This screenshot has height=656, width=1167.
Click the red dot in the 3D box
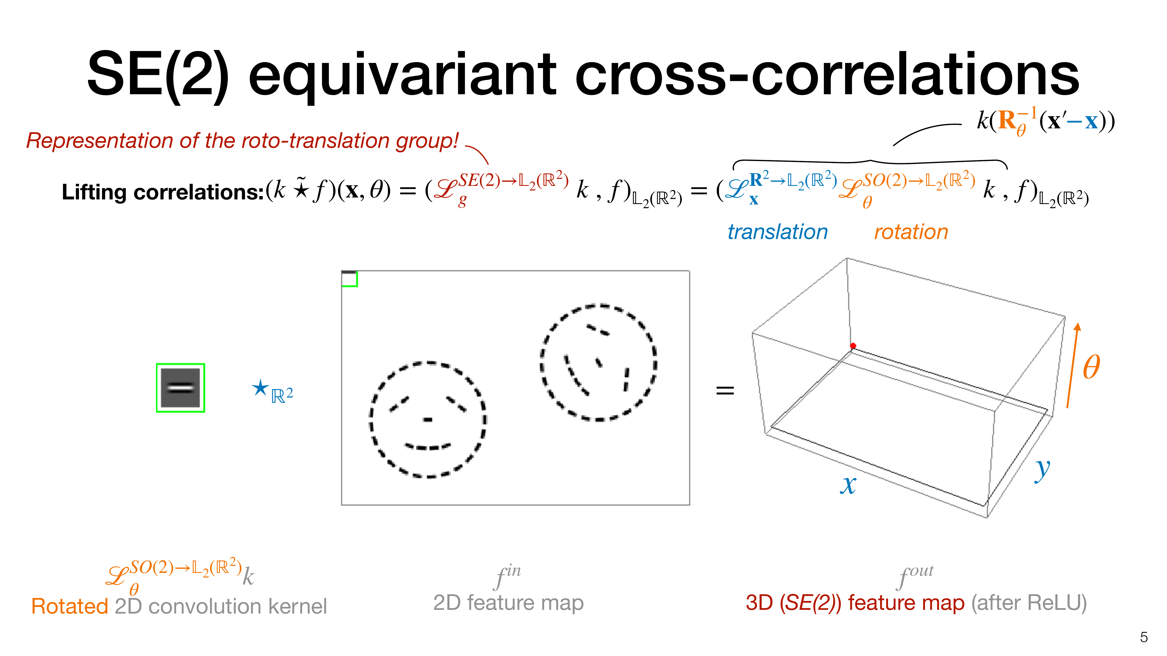(x=853, y=346)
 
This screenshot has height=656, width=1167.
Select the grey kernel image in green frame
(x=180, y=388)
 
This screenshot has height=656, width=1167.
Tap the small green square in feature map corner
(x=349, y=279)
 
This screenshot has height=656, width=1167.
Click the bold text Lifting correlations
(x=162, y=192)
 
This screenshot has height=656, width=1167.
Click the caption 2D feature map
(x=508, y=603)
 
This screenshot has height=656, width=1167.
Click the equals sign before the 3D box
(x=725, y=390)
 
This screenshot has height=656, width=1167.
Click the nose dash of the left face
(x=428, y=420)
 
